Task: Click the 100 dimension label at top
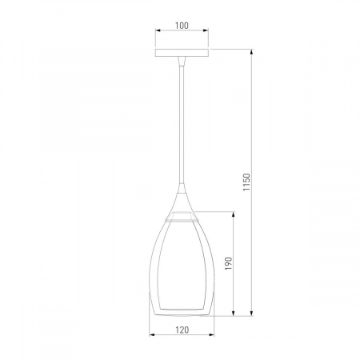pos(182,26)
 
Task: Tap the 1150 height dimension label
pos(246,182)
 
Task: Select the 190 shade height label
pos(229,263)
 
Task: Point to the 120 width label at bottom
pos(182,330)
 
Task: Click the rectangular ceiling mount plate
pos(182,53)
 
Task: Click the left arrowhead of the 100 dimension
pos(158,30)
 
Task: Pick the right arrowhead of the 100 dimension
pos(206,30)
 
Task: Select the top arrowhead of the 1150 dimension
pos(251,52)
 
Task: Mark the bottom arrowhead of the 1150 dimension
pos(251,314)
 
